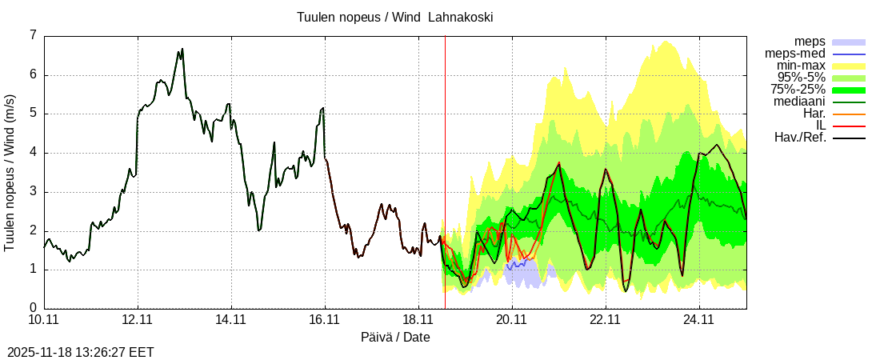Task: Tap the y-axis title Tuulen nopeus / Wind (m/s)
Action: [x=10, y=173]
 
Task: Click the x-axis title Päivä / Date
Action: [x=395, y=338]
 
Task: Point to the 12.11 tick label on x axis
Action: [x=138, y=320]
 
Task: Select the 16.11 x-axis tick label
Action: [x=325, y=320]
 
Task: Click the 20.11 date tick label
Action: [x=511, y=320]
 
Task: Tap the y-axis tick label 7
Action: [x=33, y=36]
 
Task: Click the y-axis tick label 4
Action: [x=33, y=153]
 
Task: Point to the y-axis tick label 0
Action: [x=33, y=308]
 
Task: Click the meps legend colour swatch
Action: [x=849, y=42]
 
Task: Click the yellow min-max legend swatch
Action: [x=849, y=66]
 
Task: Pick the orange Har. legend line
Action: [x=849, y=114]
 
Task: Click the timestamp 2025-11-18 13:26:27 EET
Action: [x=80, y=352]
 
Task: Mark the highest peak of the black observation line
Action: [x=182, y=49]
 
